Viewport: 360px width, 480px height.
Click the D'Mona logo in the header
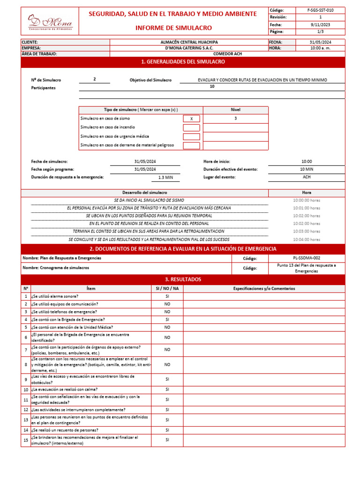49,22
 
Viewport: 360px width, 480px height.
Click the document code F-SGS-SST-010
321,10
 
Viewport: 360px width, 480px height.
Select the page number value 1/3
321,31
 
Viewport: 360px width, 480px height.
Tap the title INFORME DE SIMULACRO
173,28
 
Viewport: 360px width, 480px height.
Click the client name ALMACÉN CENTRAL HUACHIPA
188,42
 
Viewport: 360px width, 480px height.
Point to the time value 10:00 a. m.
320,48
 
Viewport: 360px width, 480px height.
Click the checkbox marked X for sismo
191,119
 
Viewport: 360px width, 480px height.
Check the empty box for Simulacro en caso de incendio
191,127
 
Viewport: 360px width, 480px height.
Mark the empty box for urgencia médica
191,136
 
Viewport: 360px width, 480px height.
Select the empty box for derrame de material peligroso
191,145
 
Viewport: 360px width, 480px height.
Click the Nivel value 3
235,119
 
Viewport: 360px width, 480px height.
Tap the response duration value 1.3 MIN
165,178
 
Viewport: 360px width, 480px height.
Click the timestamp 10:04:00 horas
307,239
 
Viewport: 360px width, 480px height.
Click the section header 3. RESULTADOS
183,279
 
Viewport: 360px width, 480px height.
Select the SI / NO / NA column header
167,289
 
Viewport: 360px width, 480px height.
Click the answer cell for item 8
167,364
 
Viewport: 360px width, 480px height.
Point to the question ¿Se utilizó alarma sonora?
55,296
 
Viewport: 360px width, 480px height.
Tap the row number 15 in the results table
26,440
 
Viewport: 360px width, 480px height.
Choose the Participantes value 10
212,87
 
